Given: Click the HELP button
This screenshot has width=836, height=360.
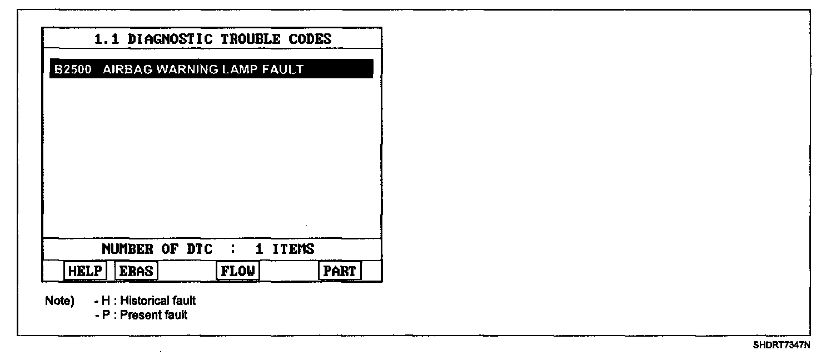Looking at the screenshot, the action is (84, 271).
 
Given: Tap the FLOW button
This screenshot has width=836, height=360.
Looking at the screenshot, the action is (238, 271).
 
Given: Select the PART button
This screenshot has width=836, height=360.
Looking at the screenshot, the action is (340, 271).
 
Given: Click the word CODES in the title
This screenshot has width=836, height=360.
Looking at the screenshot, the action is (310, 39).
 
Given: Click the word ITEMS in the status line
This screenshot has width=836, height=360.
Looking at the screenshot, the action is (293, 249).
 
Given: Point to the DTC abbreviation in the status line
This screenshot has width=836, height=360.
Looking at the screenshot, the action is (195, 249).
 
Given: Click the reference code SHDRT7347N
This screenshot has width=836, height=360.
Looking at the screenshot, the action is (782, 345).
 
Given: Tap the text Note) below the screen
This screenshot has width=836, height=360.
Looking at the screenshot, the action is (59, 301).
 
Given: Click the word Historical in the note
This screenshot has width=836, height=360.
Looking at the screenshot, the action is (145, 301).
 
